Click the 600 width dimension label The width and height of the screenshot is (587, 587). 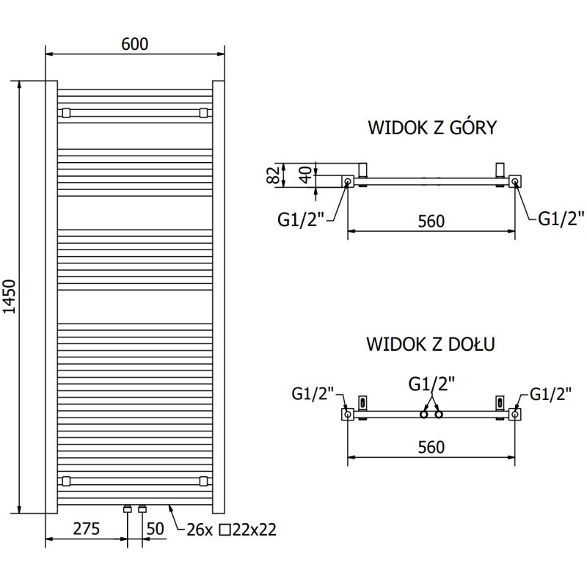coord(135,44)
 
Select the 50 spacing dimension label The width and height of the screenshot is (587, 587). coord(156,529)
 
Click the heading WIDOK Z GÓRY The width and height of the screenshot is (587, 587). coord(431,128)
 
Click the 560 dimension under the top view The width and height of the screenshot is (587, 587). coord(431,220)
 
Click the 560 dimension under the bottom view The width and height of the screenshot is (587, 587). coord(431,447)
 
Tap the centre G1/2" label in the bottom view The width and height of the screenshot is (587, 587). coord(431,383)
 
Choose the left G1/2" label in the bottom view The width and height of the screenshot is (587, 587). coord(313,395)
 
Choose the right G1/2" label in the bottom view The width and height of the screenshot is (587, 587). coord(550,395)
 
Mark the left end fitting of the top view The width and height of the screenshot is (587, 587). coord(347,181)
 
